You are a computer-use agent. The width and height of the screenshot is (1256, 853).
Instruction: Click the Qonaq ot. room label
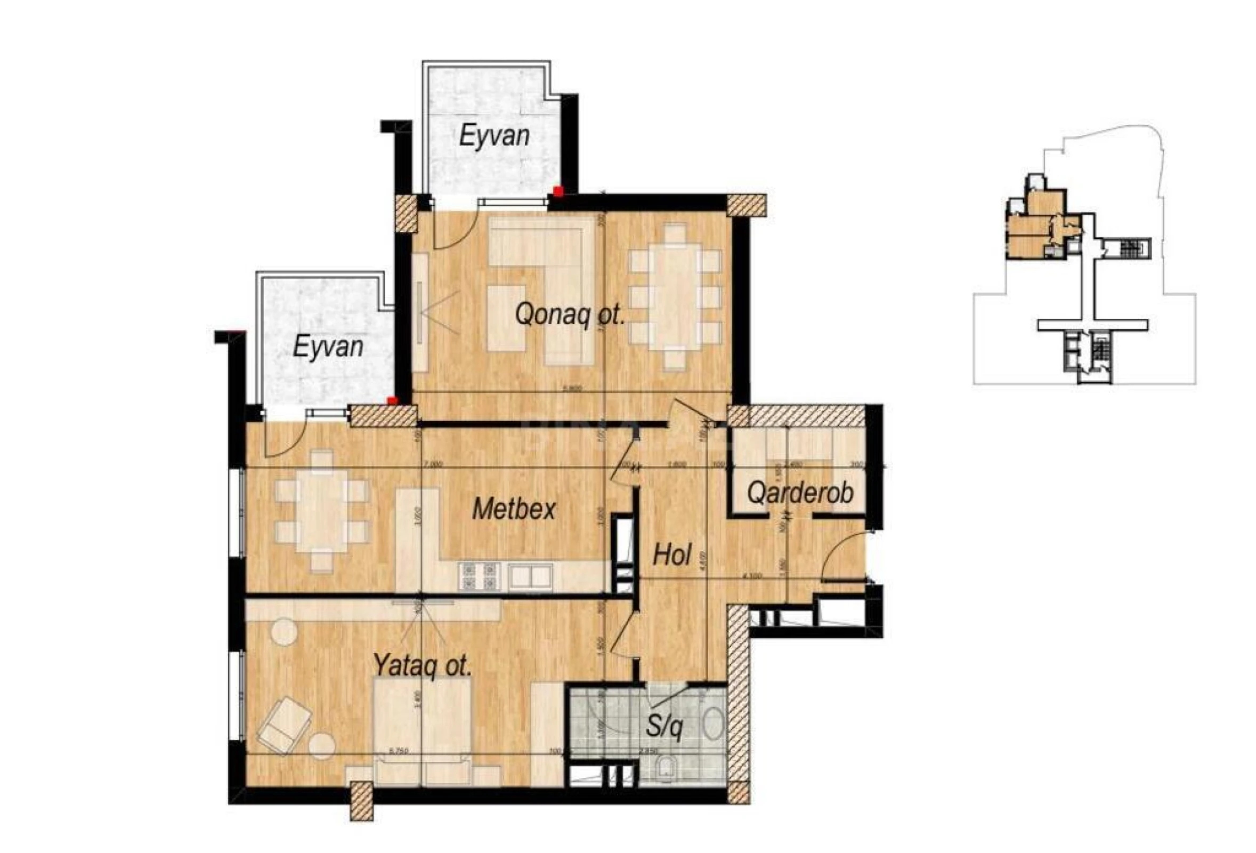tap(570, 315)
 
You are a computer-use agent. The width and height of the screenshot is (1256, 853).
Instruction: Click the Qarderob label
tap(800, 493)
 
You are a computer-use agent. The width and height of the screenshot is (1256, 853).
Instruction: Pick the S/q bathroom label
tap(664, 728)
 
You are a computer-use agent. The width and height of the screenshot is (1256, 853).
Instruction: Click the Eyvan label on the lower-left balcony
tap(328, 347)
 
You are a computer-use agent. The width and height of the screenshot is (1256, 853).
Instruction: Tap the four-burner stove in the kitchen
tap(477, 576)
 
